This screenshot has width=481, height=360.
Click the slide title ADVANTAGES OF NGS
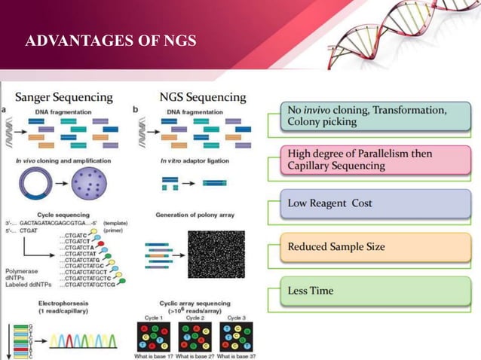click(x=111, y=39)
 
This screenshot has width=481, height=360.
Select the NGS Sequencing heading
click(x=203, y=97)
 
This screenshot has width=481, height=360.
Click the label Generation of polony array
click(x=195, y=215)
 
